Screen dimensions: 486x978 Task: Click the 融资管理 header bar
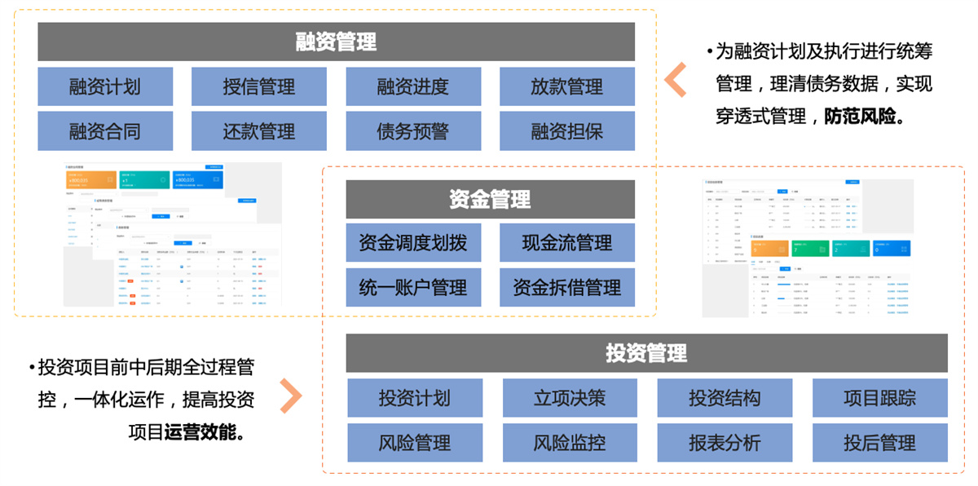tap(336, 42)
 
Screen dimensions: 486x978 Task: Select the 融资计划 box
tap(105, 86)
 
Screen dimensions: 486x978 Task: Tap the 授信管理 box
tap(259, 86)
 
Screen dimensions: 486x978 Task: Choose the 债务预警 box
tap(413, 131)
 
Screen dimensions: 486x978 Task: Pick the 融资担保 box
tap(567, 131)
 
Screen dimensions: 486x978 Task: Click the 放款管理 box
tap(567, 86)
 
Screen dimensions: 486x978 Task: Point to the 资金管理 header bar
tap(490, 199)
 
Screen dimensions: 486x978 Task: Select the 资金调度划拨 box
tap(413, 243)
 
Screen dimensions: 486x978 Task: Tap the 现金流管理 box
tap(567, 243)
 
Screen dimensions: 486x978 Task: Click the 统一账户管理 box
tap(413, 287)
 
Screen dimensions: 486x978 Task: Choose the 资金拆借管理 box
tap(567, 287)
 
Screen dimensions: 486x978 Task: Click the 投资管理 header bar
tap(646, 353)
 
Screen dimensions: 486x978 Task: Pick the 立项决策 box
tap(570, 398)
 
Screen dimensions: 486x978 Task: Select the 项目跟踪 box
tap(880, 398)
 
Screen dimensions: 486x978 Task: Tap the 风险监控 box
tap(570, 443)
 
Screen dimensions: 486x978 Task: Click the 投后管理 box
tap(880, 443)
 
